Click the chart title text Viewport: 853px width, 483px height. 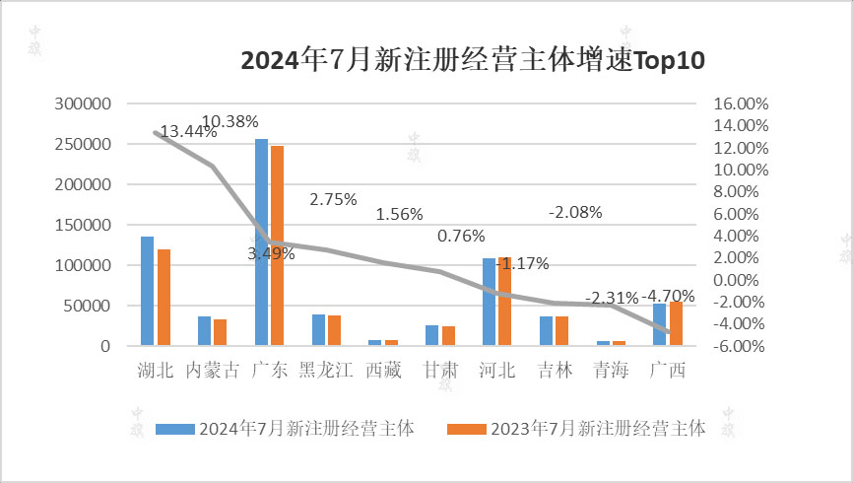coord(473,61)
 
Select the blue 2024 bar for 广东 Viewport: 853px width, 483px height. coord(261,242)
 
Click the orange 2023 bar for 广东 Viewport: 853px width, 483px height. coord(278,246)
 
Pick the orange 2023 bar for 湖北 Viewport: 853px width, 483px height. coord(164,298)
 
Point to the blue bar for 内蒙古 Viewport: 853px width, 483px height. coord(204,331)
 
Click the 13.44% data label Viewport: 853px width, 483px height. coord(188,132)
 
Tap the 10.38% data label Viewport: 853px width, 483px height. coord(230,121)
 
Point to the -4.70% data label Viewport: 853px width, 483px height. coord(669,296)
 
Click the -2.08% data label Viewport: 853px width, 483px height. coord(575,212)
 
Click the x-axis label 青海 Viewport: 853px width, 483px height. coord(611,371)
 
